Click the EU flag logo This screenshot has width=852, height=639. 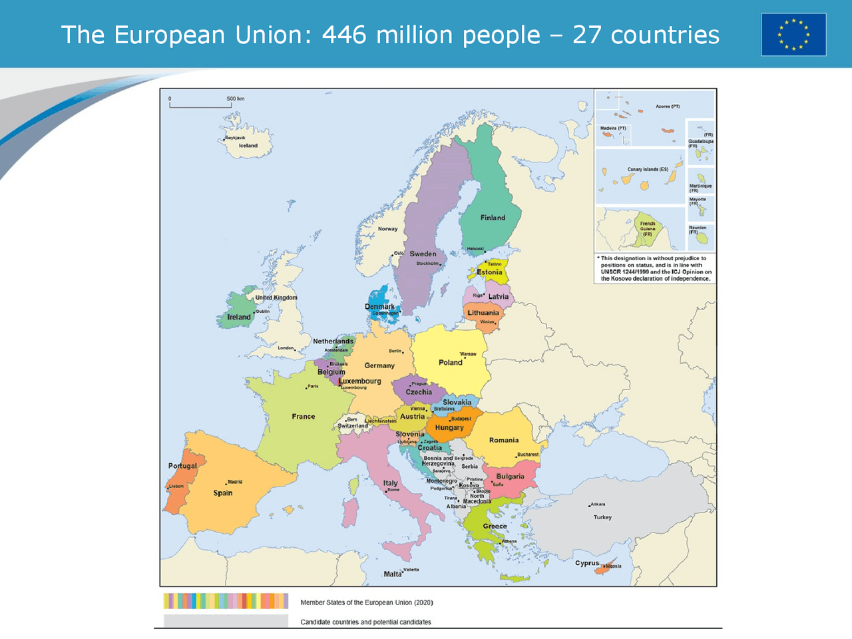[793, 35]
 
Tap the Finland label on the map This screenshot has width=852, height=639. [493, 218]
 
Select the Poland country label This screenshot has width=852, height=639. [450, 363]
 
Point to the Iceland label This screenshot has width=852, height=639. [248, 145]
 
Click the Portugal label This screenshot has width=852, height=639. [182, 466]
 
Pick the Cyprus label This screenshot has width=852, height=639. [587, 563]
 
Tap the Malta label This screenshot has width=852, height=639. [393, 574]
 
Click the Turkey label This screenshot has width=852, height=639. [602, 517]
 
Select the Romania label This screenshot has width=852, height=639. [504, 440]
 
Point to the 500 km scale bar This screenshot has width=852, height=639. [200, 104]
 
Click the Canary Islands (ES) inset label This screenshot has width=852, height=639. [648, 169]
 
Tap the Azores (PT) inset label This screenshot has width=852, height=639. [668, 106]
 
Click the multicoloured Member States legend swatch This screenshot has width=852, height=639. [226, 601]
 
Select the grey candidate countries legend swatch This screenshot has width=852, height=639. [226, 621]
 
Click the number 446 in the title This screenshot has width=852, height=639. [344, 35]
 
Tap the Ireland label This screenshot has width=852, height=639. [239, 317]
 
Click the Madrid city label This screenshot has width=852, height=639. [235, 482]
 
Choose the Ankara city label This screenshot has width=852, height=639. [598, 504]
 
